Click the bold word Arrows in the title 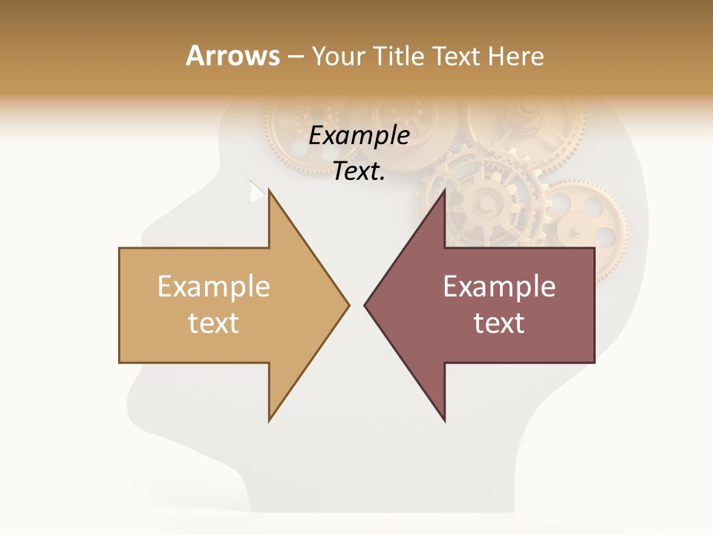232,56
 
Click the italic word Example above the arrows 359,135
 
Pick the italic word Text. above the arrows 359,171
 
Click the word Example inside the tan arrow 214,287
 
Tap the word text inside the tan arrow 214,323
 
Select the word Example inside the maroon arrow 499,287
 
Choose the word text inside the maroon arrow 499,323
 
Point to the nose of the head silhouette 143,227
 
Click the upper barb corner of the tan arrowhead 269,190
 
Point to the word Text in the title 458,56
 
